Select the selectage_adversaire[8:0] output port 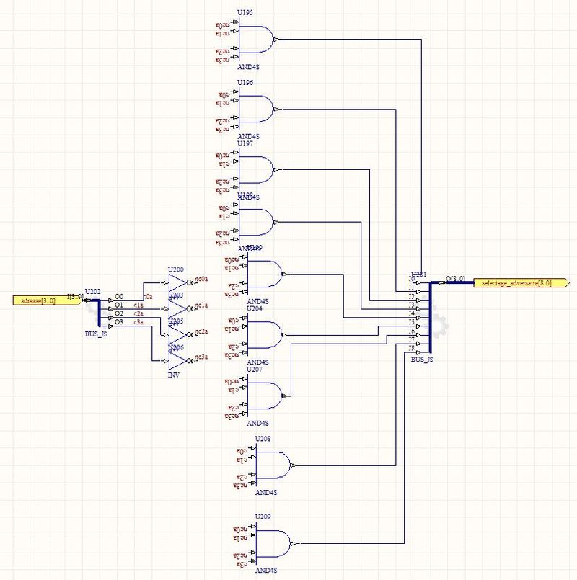pos(512,283)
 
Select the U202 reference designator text pos(93,291)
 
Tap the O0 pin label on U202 pos(119,296)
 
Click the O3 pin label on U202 pos(119,322)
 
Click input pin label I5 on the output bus pos(412,322)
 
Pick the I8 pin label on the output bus pos(412,348)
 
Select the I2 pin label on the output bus pos(412,296)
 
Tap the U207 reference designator pos(255,369)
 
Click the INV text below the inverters pos(174,375)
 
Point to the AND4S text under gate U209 pos(267,571)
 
